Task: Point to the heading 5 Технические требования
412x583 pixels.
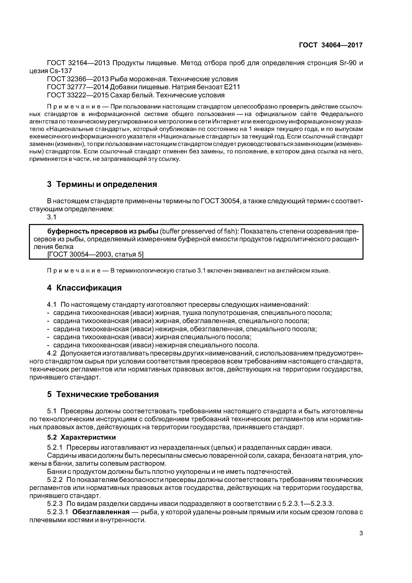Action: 103,394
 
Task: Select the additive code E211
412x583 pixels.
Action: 232,87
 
